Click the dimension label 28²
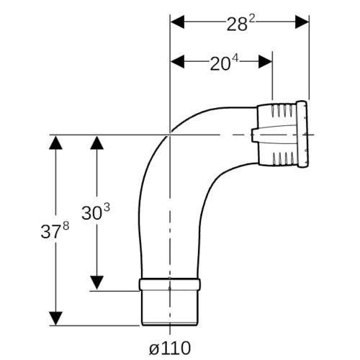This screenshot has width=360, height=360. [240, 24]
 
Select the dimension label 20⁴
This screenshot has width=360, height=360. [225, 63]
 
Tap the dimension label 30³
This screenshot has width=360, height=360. [96, 212]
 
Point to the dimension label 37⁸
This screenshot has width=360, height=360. [55, 230]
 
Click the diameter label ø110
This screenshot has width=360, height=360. [170, 348]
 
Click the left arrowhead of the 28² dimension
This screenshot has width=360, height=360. [177, 22]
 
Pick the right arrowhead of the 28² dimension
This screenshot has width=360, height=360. [302, 22]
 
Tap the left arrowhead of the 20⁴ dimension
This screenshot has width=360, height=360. [177, 61]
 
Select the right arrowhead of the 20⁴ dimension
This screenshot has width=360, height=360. [265, 61]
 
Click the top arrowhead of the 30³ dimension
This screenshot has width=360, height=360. [96, 143]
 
